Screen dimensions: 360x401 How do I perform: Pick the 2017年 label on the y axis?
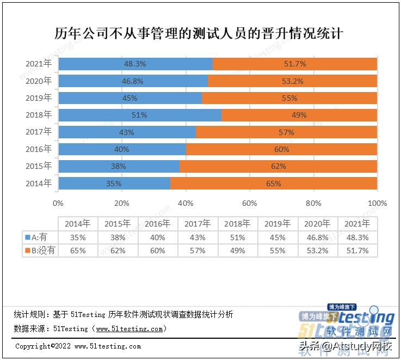coord(39,132)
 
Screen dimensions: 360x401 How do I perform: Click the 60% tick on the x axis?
coord(249,203)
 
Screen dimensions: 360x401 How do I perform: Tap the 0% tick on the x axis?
coord(58,203)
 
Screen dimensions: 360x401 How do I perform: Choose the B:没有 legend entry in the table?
coord(40,251)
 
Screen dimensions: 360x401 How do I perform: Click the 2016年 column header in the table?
coord(158,224)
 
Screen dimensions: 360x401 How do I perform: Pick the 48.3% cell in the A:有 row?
coord(358,237)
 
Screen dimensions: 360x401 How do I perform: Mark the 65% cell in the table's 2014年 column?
coord(78,251)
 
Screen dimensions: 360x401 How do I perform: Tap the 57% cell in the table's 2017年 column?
coord(198,251)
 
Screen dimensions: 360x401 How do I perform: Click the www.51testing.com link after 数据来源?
coord(129,329)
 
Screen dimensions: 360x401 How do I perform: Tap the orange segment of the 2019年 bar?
coord(289,98)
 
